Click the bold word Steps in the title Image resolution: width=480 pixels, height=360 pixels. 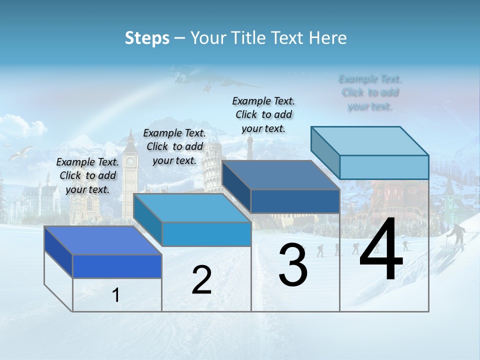click(x=147, y=38)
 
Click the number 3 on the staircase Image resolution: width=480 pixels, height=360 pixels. click(x=293, y=264)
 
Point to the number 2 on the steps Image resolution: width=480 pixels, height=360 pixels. click(x=201, y=280)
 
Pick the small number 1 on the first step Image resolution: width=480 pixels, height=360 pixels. click(x=116, y=295)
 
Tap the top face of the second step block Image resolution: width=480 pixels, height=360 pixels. click(x=192, y=208)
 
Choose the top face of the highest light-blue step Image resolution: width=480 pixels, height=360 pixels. click(x=370, y=141)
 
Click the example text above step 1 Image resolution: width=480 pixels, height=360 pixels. click(x=87, y=175)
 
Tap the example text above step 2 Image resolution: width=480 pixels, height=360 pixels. click(x=174, y=146)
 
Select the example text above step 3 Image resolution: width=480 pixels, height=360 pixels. click(x=263, y=114)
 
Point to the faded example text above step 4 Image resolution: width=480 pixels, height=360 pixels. click(x=370, y=92)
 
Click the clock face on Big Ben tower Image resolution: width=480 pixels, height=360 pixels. click(x=130, y=161)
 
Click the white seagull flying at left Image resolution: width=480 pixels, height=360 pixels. click(x=21, y=153)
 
